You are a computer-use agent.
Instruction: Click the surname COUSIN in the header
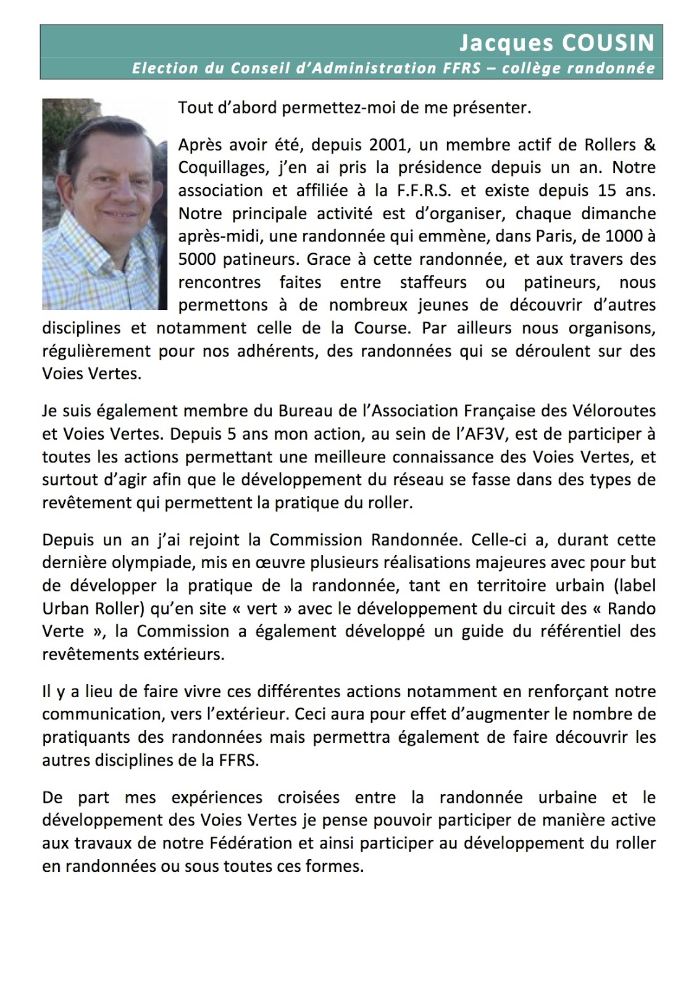coord(607,43)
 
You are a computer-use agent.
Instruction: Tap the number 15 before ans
coord(607,191)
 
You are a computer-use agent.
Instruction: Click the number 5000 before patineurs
coord(198,259)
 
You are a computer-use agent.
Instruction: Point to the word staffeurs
coord(433,283)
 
